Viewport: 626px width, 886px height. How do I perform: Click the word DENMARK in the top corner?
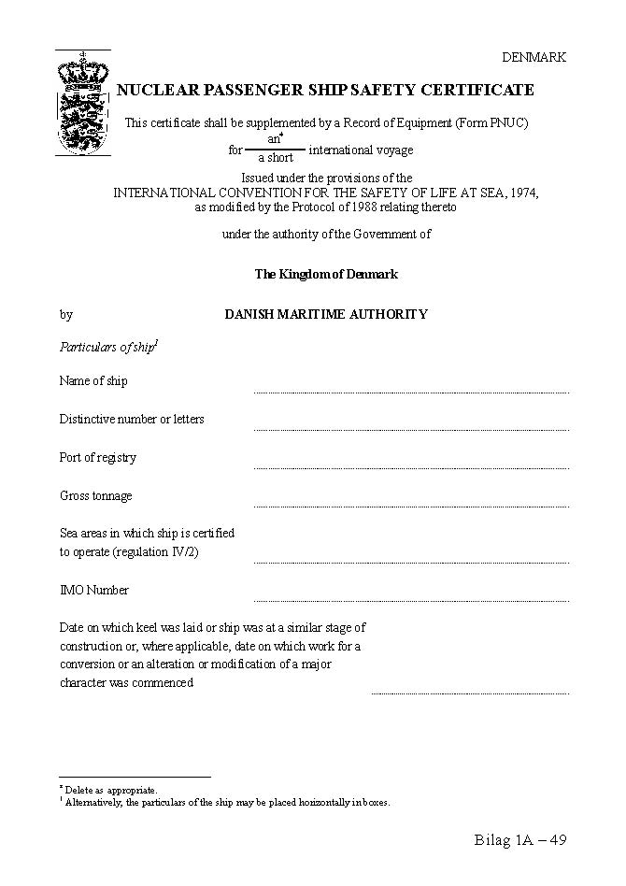[x=534, y=57]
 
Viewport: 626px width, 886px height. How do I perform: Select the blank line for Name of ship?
[x=411, y=391]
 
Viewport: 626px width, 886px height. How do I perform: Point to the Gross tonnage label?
[x=96, y=495]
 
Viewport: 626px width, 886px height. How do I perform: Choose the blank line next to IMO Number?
[x=411, y=599]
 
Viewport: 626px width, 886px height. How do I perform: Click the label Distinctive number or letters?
[x=132, y=419]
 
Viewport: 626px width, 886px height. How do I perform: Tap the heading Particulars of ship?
[x=108, y=348]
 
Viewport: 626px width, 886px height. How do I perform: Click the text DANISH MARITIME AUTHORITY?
[x=326, y=314]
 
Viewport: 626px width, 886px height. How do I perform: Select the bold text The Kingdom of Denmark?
[x=326, y=274]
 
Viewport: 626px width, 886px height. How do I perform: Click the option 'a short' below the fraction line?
[x=276, y=158]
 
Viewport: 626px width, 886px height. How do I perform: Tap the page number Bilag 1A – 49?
[x=520, y=839]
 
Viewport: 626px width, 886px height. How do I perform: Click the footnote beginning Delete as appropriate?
[x=110, y=790]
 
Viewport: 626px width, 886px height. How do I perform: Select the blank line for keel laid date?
[x=470, y=692]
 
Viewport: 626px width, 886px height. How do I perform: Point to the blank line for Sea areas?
[x=411, y=561]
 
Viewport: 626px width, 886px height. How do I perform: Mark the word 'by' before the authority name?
[x=66, y=314]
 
